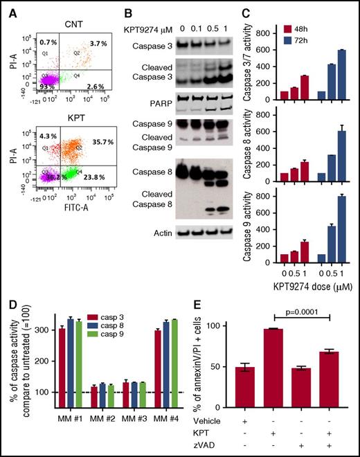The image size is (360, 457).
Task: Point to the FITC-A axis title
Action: (x=71, y=244)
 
